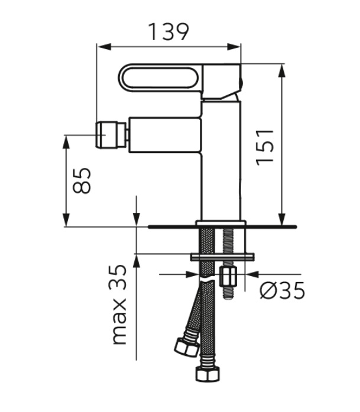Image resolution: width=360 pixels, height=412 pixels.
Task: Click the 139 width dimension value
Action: coord(168,32)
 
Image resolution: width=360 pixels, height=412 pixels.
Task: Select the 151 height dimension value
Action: coord(265,147)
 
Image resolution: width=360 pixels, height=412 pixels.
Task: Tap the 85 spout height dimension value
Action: coord(82,180)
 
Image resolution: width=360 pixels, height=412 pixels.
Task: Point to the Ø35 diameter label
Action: coord(282,290)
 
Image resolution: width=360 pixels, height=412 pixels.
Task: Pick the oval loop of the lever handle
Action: coord(160,78)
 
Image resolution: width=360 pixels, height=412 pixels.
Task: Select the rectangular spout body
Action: coord(165,135)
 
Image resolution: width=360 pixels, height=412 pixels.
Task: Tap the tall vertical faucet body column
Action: coord(221,161)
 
